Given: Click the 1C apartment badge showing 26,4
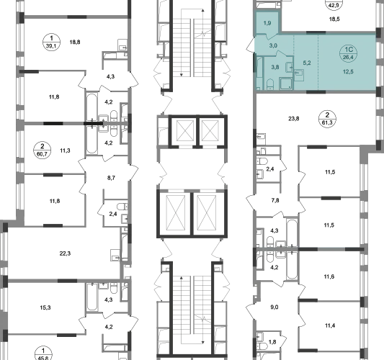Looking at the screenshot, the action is [x=348, y=53].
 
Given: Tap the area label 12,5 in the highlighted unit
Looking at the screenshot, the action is [x=348, y=72].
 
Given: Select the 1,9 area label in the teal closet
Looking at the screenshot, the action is [x=267, y=23].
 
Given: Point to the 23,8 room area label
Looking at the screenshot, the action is [x=294, y=119].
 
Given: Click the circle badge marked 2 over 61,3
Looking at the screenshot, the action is [x=327, y=119].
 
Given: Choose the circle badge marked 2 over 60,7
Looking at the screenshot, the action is [x=43, y=150].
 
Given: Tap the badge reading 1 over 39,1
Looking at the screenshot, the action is [x=51, y=42].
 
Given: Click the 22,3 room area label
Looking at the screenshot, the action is [x=65, y=253].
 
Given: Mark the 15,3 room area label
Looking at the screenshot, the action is [x=45, y=307].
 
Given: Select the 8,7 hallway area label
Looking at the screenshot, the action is [x=111, y=178].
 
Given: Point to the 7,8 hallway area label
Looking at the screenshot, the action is [x=275, y=200].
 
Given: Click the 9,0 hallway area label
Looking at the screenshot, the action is [x=274, y=307].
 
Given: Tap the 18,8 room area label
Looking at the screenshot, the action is [x=75, y=42].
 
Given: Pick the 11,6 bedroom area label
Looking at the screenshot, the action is [x=329, y=276].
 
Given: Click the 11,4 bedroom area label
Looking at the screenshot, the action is [x=330, y=325].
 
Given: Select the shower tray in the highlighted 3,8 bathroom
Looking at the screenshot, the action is [x=285, y=84].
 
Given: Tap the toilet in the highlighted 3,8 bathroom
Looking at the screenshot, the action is [x=269, y=84].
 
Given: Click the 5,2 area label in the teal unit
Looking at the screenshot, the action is [x=307, y=63].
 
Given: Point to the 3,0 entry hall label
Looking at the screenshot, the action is [x=273, y=45].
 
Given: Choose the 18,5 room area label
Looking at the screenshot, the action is [x=334, y=19].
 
